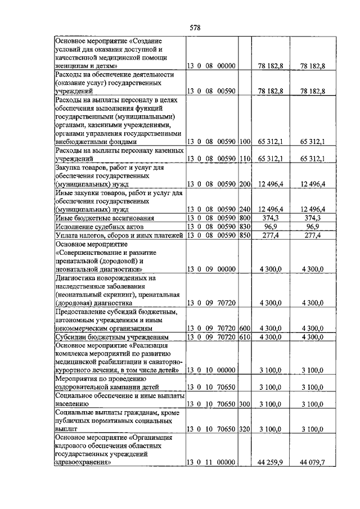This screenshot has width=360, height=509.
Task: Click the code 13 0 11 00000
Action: click(211, 462)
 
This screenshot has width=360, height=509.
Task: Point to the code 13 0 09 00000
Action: click(211, 269)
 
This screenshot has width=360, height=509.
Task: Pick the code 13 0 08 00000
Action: click(211, 66)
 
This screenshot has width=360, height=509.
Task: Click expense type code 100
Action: click(244, 142)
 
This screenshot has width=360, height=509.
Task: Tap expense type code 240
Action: click(244, 209)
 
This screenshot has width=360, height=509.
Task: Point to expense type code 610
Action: click(244, 336)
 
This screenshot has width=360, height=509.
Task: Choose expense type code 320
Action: click(244, 429)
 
